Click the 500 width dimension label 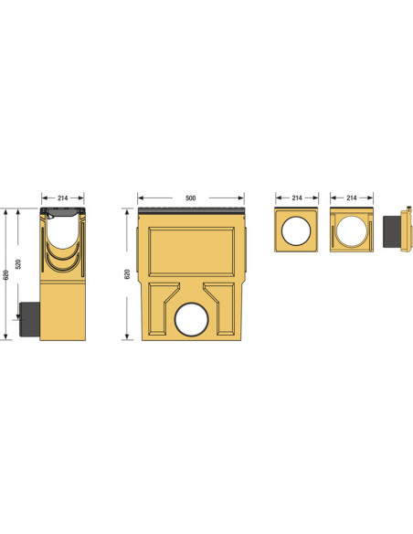tap(191, 198)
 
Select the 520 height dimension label tap(18, 264)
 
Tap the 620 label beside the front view tap(127, 274)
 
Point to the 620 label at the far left tap(5, 275)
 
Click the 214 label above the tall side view tap(63, 198)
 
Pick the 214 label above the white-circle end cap tap(297, 198)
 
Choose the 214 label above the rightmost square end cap tap(352, 198)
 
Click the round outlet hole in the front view tap(192, 319)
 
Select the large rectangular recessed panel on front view tap(192, 251)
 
